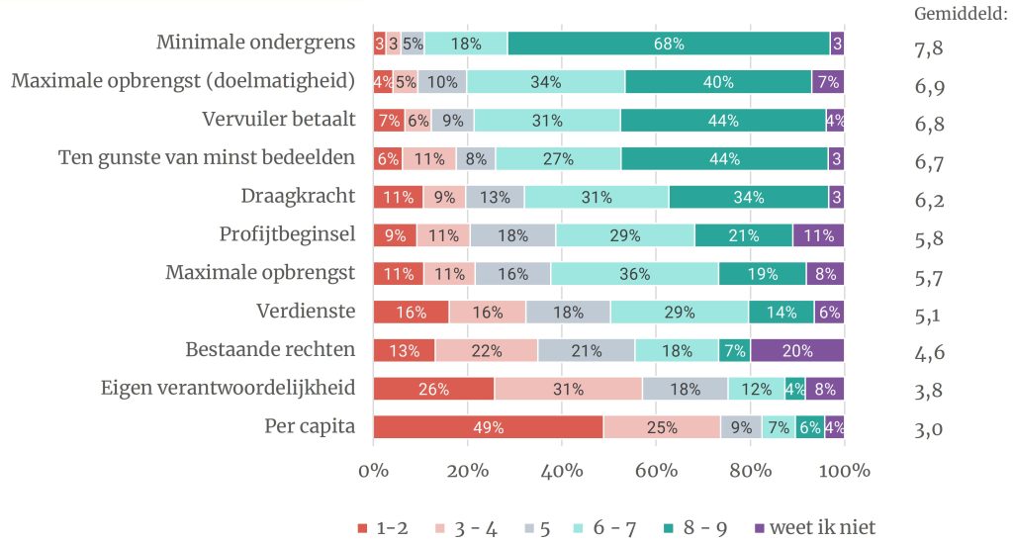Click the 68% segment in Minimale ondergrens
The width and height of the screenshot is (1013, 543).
[x=668, y=44]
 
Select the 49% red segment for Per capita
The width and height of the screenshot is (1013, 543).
[x=488, y=427]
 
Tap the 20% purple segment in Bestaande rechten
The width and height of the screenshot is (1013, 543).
[x=797, y=350]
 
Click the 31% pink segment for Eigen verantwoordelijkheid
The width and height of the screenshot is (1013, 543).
[x=568, y=389]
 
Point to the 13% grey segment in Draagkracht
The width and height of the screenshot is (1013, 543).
[x=495, y=197]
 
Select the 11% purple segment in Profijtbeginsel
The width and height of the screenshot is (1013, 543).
[x=818, y=235]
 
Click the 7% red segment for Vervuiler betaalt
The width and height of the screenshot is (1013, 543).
[x=389, y=121]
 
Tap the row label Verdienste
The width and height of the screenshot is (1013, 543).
[x=305, y=312]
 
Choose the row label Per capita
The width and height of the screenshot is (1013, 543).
[x=309, y=427]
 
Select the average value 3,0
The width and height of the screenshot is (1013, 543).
[x=929, y=429]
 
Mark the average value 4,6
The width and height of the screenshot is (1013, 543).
[x=929, y=352]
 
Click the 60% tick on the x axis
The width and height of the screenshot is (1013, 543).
[x=656, y=470]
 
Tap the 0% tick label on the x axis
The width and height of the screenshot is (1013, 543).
[x=374, y=470]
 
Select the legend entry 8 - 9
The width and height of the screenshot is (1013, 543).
[x=702, y=527]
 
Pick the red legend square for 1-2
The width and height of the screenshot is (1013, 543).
[x=363, y=527]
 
